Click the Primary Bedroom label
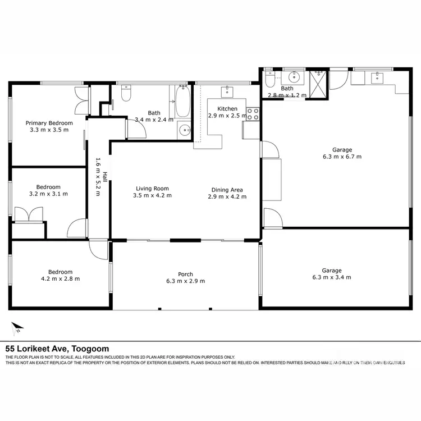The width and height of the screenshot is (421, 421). (49, 123)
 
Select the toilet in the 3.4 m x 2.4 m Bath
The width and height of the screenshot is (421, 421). (126, 97)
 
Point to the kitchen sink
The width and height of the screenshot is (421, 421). (228, 91)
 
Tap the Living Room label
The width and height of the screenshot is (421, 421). (152, 189)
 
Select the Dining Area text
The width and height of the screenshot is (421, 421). (227, 189)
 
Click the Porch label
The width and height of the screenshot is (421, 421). (185, 274)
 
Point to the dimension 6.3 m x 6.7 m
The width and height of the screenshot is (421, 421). (342, 157)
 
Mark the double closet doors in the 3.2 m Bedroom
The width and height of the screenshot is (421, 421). (29, 215)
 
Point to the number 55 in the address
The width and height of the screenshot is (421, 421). (10, 349)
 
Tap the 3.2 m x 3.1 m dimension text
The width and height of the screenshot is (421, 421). (48, 194)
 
